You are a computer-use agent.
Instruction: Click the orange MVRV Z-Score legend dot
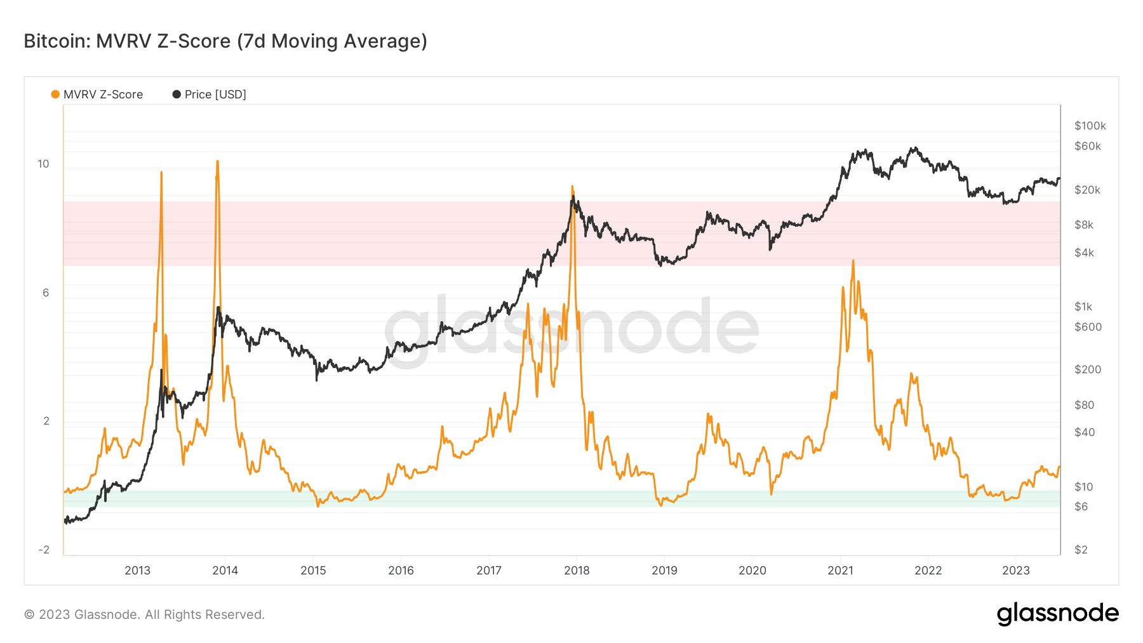(55, 95)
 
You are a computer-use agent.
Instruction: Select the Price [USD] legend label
(215, 95)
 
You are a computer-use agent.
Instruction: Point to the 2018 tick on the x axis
(577, 570)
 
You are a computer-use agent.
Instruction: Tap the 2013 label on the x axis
(137, 570)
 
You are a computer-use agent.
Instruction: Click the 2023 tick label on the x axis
(1015, 570)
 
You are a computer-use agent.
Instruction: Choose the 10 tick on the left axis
(43, 164)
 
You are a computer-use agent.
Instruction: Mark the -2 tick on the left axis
(44, 550)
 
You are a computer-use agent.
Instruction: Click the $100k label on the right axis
(1090, 126)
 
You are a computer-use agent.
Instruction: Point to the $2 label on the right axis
(1081, 550)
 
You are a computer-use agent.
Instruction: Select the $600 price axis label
(1088, 327)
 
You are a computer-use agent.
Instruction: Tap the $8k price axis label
(1084, 225)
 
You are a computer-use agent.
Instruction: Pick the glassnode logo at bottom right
(1057, 613)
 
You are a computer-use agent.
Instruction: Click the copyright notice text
(144, 614)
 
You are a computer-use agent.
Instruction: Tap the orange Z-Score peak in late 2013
(217, 162)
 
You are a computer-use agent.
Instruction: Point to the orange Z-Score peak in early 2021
(853, 261)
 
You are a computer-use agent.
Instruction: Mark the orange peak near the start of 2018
(572, 187)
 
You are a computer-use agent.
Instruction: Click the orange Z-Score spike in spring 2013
(161, 173)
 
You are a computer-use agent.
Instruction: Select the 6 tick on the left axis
(46, 293)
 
